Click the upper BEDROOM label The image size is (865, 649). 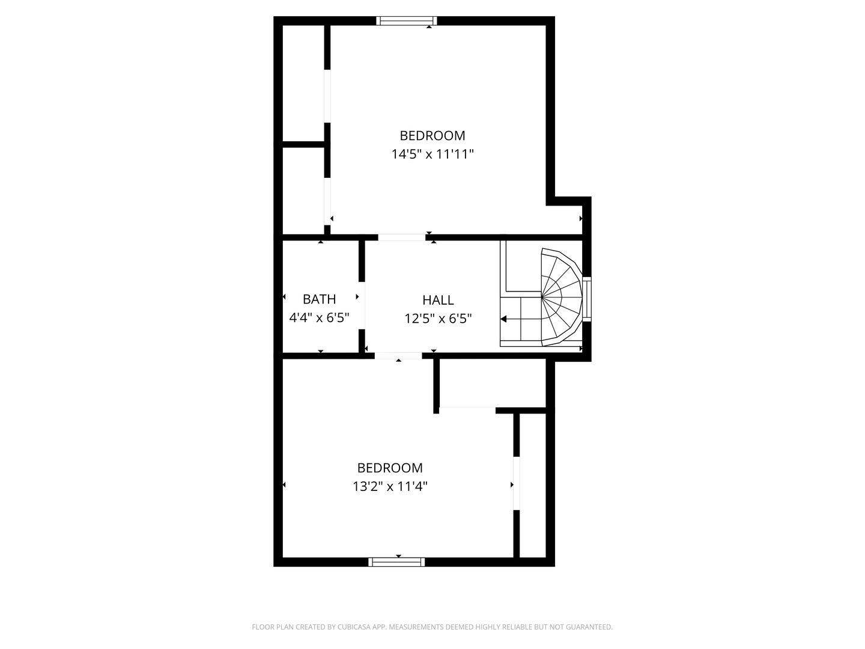[x=432, y=136]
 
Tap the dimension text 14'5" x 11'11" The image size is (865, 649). [x=432, y=154]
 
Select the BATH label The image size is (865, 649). [x=319, y=299]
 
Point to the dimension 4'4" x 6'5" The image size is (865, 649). [x=319, y=318]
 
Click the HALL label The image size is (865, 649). [x=438, y=300]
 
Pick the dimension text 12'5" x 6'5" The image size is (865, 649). [x=438, y=318]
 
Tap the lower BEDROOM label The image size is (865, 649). [x=390, y=468]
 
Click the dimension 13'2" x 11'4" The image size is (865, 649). [x=390, y=487]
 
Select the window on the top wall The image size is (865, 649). [x=407, y=21]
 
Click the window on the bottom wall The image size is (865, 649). [x=396, y=562]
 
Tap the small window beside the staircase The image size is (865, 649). [x=587, y=299]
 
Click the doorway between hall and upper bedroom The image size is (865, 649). [x=401, y=237]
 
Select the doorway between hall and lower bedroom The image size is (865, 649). [x=398, y=356]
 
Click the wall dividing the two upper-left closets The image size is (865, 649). [x=304, y=144]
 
